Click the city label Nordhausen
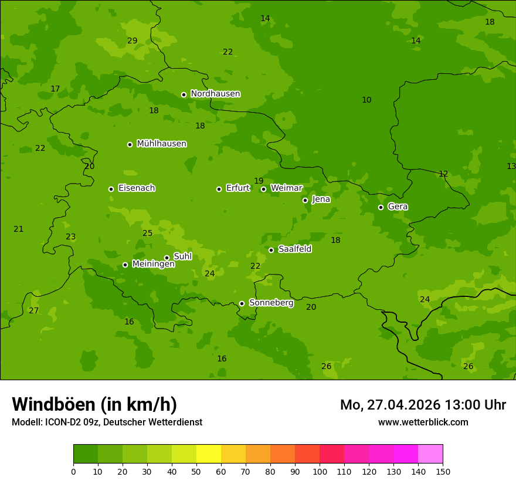(215, 94)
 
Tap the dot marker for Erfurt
(219, 189)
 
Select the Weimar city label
(286, 188)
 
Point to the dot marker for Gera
(381, 207)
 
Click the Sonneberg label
(271, 303)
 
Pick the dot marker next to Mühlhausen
(130, 144)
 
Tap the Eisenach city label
(137, 188)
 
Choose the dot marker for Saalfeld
(271, 250)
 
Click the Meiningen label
(153, 264)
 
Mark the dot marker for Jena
(305, 200)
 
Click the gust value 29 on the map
(132, 40)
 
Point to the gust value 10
(366, 100)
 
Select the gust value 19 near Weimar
(259, 181)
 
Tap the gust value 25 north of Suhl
(147, 233)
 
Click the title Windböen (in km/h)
(94, 404)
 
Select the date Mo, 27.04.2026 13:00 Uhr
(423, 405)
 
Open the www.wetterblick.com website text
(423, 422)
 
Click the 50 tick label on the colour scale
(196, 471)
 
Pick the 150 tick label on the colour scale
(443, 471)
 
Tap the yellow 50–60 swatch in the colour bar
(209, 454)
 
